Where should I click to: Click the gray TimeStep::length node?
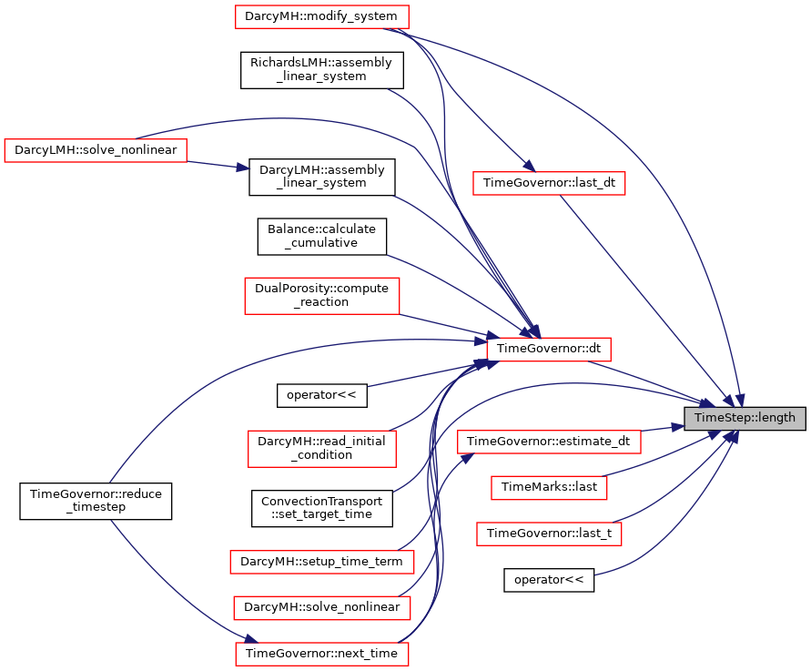[x=745, y=418]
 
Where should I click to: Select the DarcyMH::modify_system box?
[x=321, y=16]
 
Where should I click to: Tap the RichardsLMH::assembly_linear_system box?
[x=321, y=70]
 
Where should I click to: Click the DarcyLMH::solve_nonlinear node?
[x=96, y=150]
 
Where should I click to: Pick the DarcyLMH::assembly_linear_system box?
[x=321, y=177]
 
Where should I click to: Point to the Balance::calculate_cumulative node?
[x=321, y=237]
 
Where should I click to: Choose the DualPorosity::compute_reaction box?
[x=321, y=295]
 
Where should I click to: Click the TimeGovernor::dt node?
[x=549, y=350]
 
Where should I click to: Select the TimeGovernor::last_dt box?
[x=549, y=183]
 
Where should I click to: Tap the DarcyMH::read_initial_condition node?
[x=321, y=449]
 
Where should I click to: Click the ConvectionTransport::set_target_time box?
[x=321, y=509]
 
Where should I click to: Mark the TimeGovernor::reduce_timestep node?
[x=96, y=501]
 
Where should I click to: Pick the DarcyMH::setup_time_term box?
[x=321, y=562]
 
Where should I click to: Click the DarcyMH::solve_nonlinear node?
[x=321, y=608]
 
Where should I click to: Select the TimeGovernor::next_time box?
[x=321, y=654]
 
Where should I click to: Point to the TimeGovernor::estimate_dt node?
[x=549, y=442]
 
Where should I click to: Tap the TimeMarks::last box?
[x=549, y=487]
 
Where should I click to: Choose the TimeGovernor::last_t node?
[x=549, y=534]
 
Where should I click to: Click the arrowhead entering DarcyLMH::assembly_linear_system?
[x=243, y=168]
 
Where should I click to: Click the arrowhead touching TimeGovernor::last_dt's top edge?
[x=529, y=166]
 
